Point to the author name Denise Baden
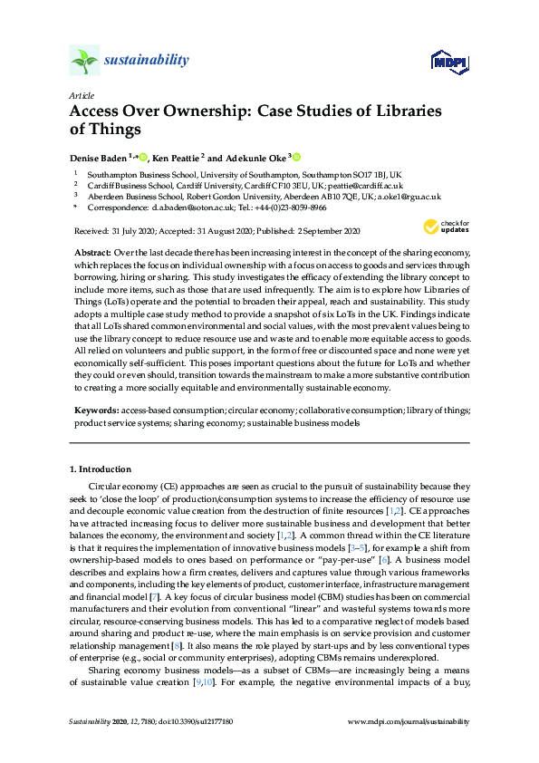coord(99,157)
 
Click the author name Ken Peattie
coord(175,157)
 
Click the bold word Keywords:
coord(95,410)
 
